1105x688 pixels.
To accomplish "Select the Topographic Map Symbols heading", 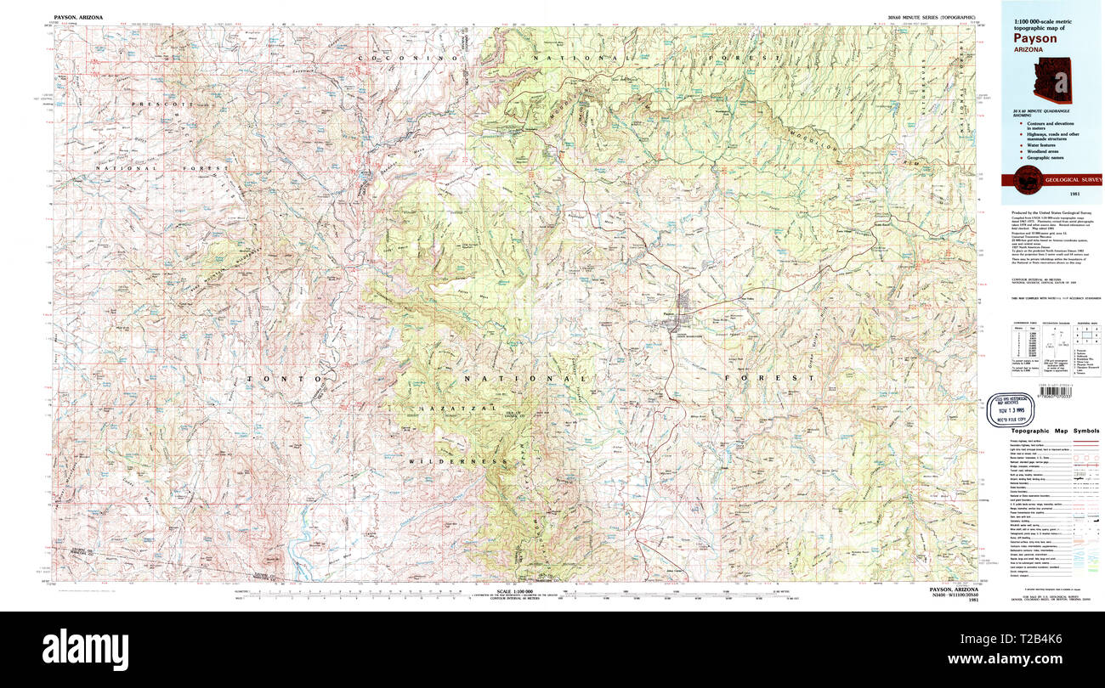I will coord(1052,431).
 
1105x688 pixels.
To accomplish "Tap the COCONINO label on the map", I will coord(408,57).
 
